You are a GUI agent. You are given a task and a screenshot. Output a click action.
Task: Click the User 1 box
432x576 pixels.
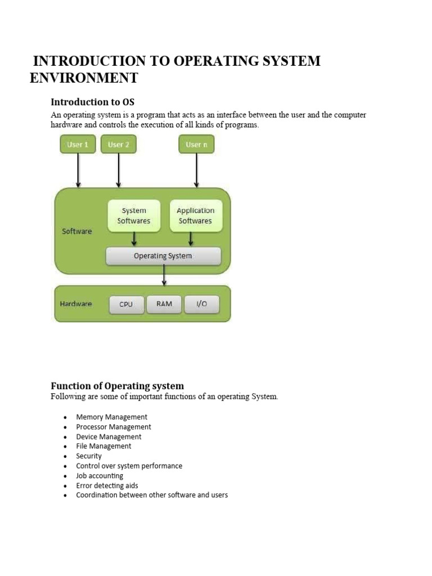78,145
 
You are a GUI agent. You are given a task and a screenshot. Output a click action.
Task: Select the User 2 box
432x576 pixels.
118,145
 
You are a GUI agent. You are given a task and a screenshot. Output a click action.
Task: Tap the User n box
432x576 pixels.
196,145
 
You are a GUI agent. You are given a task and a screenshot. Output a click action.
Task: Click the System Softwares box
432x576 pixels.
134,215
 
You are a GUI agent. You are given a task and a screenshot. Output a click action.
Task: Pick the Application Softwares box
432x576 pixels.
195,215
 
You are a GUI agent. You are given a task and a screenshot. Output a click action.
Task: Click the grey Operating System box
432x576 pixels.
163,256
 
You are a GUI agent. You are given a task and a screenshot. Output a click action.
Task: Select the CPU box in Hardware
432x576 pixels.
126,304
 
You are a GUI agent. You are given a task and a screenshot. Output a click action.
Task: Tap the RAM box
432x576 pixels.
164,304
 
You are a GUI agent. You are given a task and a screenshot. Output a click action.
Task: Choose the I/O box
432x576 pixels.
201,304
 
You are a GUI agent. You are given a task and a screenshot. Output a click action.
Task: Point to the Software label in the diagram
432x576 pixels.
76,231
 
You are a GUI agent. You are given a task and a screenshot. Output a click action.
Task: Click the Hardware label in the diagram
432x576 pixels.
76,304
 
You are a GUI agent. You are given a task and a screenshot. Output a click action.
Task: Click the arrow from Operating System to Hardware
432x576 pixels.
164,275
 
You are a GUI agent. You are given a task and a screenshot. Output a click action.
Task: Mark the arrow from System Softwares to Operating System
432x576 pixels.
134,239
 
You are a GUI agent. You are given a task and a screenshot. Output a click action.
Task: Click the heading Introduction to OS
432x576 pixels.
93,102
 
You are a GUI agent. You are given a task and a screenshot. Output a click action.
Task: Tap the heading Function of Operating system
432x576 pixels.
117,386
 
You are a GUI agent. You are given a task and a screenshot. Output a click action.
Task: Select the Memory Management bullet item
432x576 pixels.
111,417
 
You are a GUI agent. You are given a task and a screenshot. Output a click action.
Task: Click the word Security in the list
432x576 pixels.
89,456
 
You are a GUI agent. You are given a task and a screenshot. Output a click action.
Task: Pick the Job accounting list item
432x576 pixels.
100,476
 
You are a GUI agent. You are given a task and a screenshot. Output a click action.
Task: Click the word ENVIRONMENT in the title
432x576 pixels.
83,78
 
